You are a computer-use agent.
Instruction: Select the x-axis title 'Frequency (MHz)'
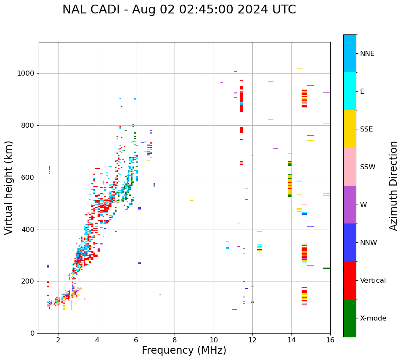click(x=184, y=350)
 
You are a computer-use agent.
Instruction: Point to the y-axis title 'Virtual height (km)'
click(x=9, y=187)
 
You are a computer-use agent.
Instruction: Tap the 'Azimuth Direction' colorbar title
click(x=393, y=185)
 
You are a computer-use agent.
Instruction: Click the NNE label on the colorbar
click(x=367, y=54)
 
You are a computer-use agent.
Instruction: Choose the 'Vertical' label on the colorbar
click(x=373, y=280)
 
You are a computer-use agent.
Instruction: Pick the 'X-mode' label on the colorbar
click(x=373, y=318)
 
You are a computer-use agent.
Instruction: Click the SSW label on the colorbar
click(x=368, y=167)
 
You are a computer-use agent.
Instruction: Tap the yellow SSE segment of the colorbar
click(x=350, y=129)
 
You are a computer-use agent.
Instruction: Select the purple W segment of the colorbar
click(x=350, y=205)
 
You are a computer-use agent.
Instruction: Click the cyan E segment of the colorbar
click(x=350, y=91)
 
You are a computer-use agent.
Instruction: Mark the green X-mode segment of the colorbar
click(x=350, y=318)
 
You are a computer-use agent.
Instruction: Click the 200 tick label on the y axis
click(x=29, y=281)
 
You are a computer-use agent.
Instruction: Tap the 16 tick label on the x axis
click(x=330, y=340)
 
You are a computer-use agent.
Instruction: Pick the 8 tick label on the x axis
click(x=175, y=340)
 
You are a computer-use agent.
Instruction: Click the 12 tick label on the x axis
click(x=252, y=340)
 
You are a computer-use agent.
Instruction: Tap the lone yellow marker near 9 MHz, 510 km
click(x=191, y=200)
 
